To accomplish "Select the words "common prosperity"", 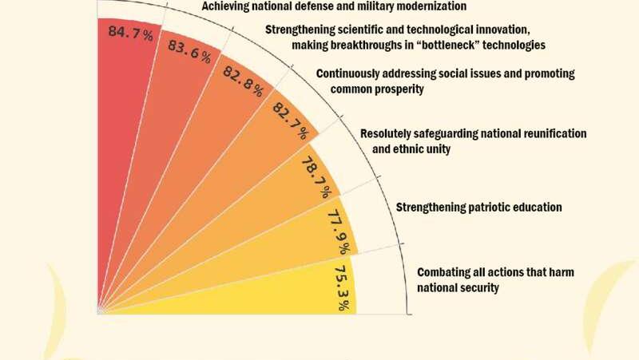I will coord(376,89).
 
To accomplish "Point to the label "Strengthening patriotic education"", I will coord(479,208).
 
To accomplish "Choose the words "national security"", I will coord(458,288).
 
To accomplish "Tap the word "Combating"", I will coord(443,273).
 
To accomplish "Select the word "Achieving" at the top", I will coord(226,6).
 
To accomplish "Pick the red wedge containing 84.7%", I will coord(120,120).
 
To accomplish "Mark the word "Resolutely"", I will coord(387,133).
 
